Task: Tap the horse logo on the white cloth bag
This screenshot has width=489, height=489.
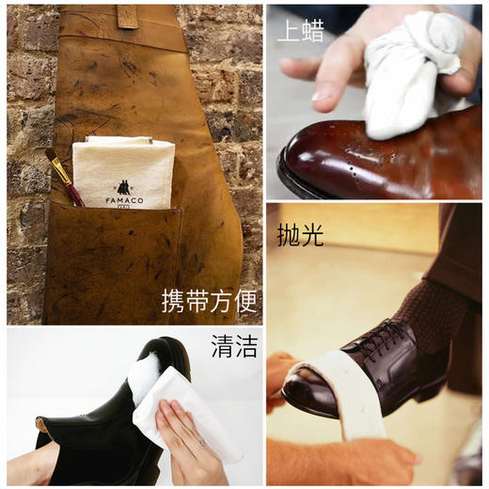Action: (x=123, y=187)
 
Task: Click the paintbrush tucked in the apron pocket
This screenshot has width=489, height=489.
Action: (x=63, y=176)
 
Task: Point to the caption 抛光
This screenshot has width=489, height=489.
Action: (x=300, y=234)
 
